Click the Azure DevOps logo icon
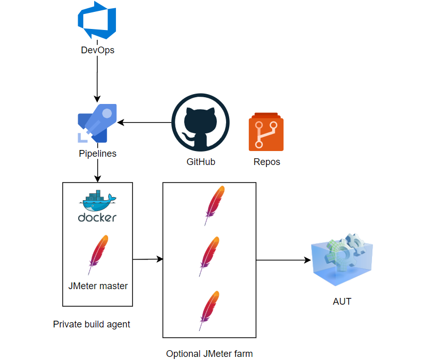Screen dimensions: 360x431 click(97, 23)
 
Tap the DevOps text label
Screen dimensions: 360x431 click(97, 50)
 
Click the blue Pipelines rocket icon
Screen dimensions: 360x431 click(97, 123)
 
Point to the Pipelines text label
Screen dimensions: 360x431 click(97, 154)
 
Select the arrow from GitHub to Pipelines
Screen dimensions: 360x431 click(144, 123)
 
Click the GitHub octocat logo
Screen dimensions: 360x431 click(200, 123)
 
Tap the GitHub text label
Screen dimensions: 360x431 click(201, 162)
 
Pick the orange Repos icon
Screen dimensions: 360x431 click(266, 132)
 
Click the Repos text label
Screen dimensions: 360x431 click(266, 162)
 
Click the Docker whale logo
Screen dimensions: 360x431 click(97, 206)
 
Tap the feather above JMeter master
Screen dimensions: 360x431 click(97, 254)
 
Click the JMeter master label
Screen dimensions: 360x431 click(98, 286)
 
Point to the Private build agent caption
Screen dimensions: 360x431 click(92, 324)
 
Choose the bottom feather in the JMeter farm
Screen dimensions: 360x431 click(210, 310)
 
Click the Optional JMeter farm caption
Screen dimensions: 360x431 click(210, 354)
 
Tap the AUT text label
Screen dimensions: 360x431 click(342, 302)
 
